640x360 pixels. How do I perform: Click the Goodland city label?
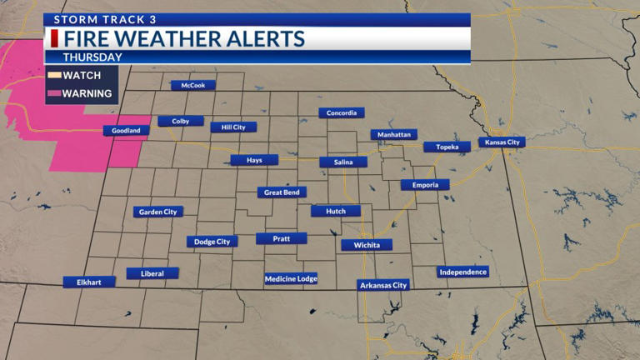(127, 131)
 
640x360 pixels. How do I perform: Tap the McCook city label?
(193, 85)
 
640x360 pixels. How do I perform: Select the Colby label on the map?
(181, 121)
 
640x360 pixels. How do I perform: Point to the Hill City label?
(233, 127)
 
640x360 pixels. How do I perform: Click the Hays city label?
(255, 160)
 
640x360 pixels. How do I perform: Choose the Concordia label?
(342, 112)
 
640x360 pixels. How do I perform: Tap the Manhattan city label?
(394, 134)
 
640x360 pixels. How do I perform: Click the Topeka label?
(442, 147)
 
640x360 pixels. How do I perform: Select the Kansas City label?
(502, 142)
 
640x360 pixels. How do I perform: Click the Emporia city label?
(425, 185)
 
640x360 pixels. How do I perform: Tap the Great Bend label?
(282, 192)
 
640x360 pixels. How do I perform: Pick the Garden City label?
(158, 212)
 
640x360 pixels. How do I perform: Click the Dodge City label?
(212, 242)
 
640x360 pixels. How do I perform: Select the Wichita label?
(367, 245)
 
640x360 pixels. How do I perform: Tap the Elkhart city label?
(89, 282)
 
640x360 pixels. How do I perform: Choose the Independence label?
(462, 272)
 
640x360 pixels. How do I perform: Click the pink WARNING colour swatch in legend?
(53, 93)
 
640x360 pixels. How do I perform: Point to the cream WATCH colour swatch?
(53, 75)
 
